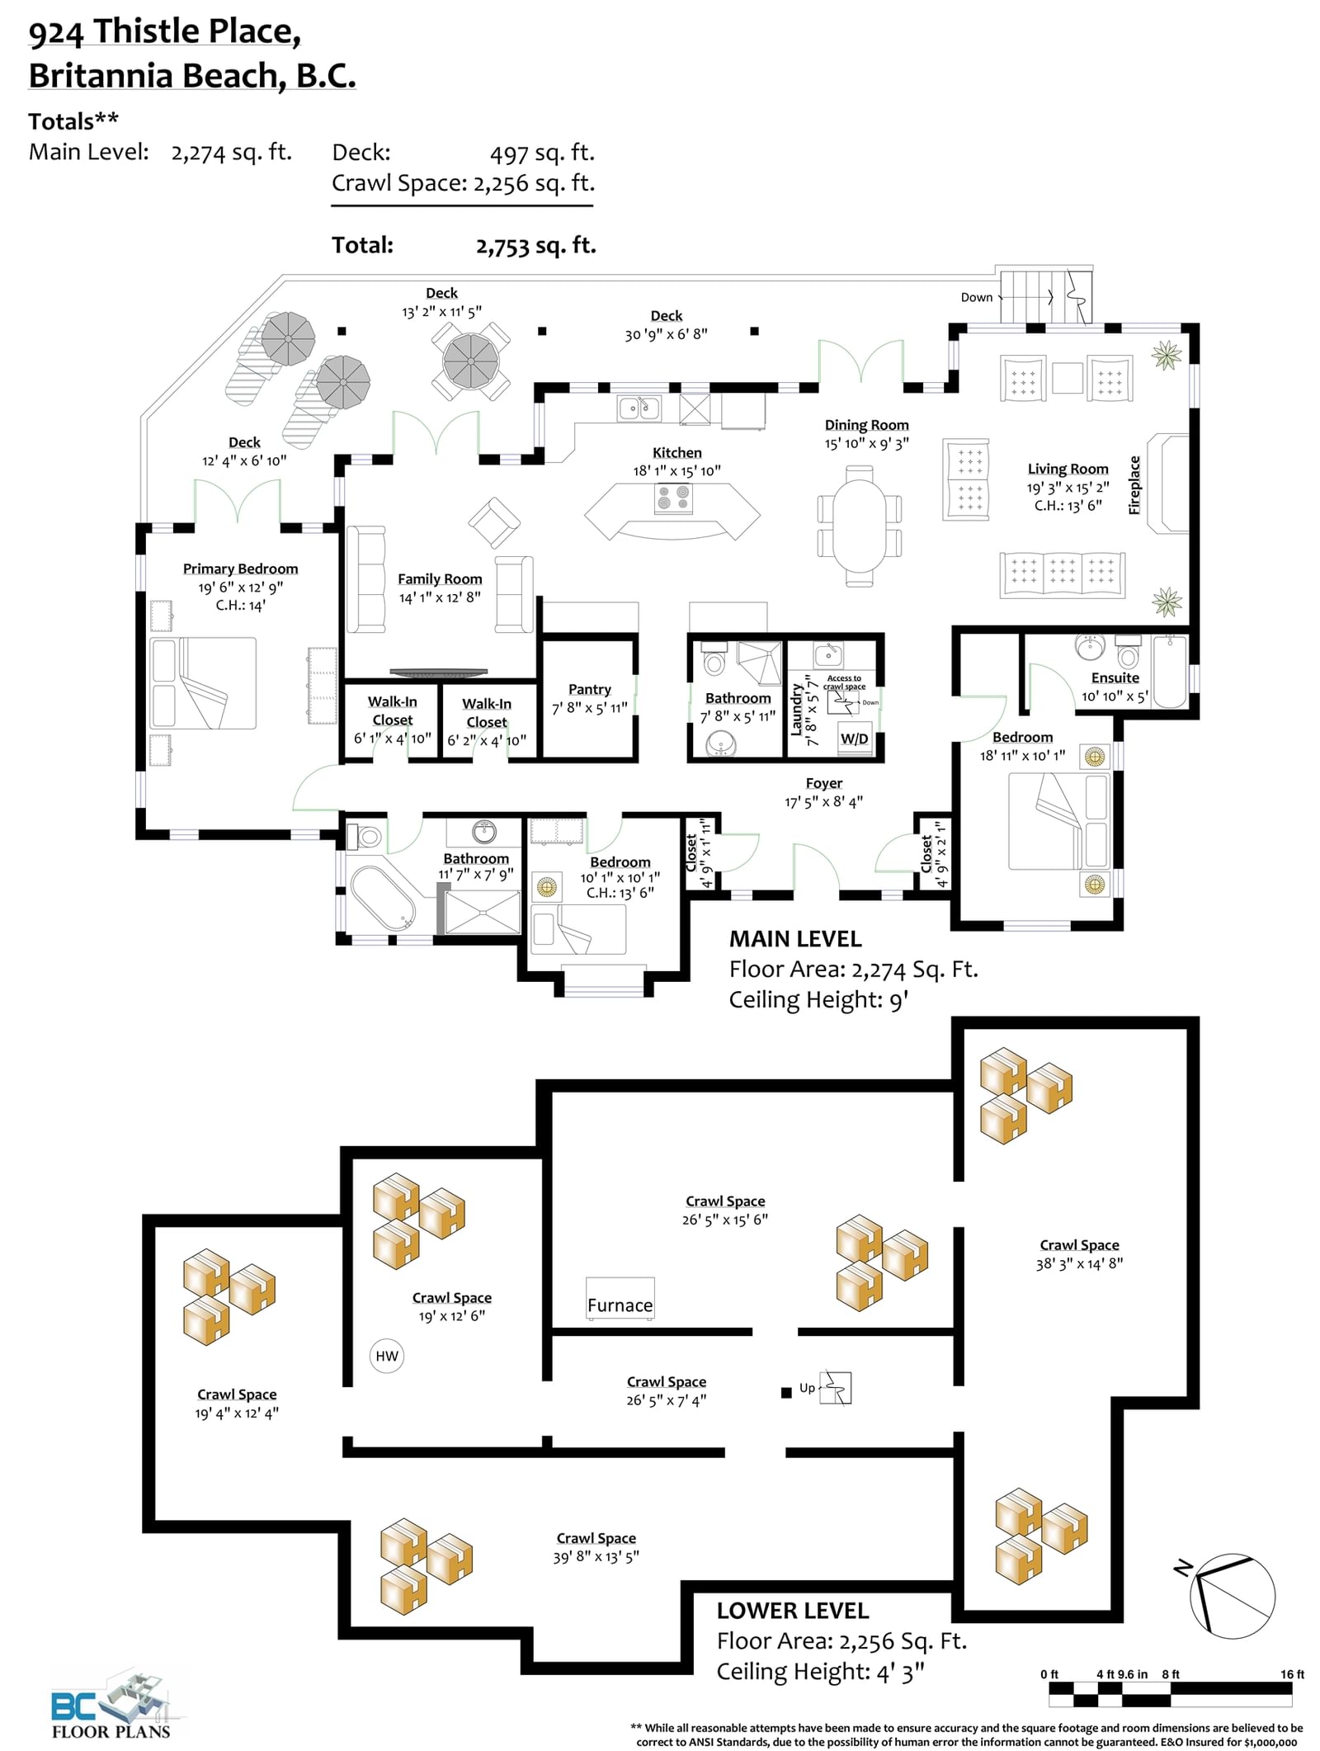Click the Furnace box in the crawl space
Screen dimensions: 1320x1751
620,1298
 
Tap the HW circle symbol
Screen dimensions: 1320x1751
386,1356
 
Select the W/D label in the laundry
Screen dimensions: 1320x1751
854,739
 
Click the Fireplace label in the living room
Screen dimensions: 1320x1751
1134,485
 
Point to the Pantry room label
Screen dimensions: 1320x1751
590,689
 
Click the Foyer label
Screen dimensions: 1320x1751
824,783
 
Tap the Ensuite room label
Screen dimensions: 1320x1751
1115,677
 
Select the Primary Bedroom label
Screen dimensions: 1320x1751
240,569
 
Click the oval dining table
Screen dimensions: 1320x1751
859,526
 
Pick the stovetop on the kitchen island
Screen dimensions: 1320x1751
673,498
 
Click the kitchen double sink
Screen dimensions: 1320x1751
639,408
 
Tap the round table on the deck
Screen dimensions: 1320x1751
470,361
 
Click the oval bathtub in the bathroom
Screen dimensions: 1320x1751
383,898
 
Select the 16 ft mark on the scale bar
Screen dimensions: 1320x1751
1292,1674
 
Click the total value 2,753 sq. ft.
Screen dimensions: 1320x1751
536,246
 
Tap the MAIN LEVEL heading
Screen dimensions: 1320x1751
795,939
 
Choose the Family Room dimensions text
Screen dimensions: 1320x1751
440,597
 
